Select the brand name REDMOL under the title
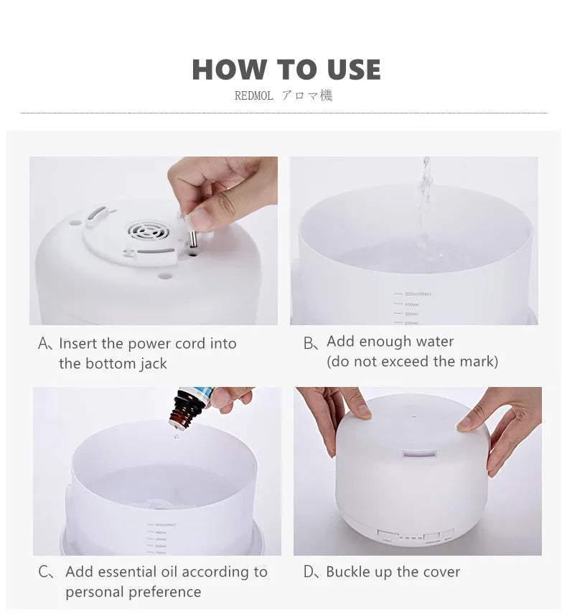[253, 96]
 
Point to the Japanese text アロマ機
[306, 95]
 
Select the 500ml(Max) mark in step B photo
[418, 294]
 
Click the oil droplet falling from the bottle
[174, 436]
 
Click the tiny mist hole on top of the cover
[412, 415]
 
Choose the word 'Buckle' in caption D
[349, 572]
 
